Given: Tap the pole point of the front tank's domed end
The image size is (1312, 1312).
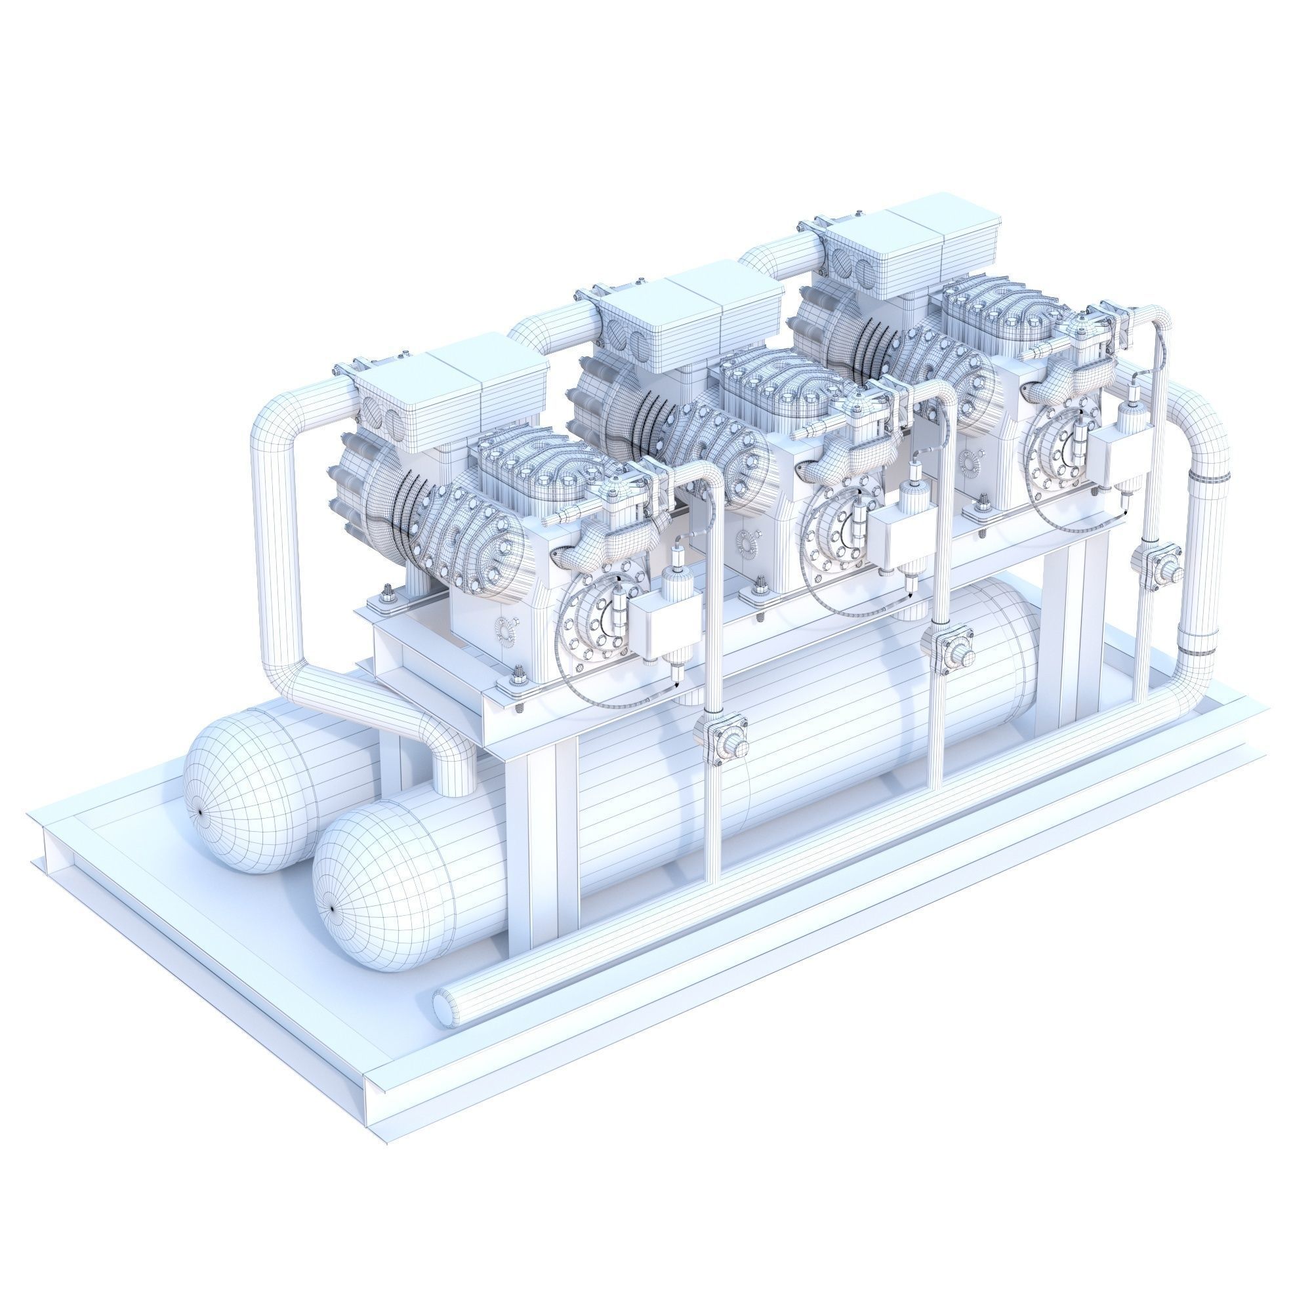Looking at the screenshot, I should click(331, 909).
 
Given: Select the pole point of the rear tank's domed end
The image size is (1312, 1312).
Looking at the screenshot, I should click(200, 811).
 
